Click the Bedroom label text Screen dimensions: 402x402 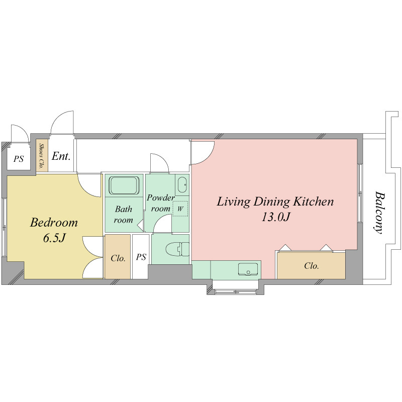click(x=54, y=223)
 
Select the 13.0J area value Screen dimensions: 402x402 click(x=275, y=217)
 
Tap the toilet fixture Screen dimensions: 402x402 click(x=177, y=249)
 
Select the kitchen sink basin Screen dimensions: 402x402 click(x=248, y=269)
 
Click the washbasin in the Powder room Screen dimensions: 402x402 click(x=182, y=184)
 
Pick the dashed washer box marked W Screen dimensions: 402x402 click(x=180, y=209)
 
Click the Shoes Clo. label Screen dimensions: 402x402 click(x=42, y=156)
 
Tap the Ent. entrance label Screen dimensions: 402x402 click(x=61, y=156)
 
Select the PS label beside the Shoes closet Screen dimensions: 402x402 click(x=19, y=159)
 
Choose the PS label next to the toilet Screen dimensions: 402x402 click(x=141, y=257)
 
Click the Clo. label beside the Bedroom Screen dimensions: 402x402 click(x=118, y=258)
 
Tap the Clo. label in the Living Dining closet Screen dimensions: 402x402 click(x=312, y=266)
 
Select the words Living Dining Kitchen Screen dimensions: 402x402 click(x=275, y=202)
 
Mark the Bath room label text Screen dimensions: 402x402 click(x=124, y=215)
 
